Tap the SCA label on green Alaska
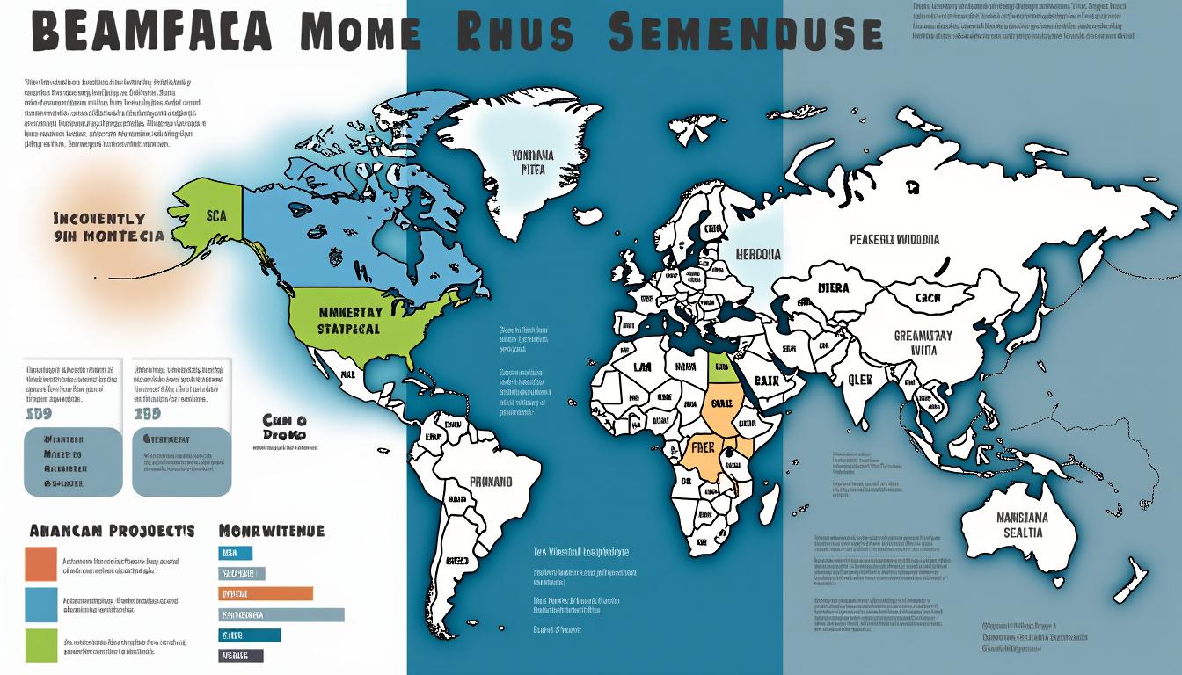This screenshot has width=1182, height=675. tap(216, 214)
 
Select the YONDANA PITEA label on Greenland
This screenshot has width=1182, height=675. tap(532, 163)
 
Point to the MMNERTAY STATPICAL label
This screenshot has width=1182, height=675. tap(349, 321)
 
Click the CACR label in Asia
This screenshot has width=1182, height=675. tap(928, 298)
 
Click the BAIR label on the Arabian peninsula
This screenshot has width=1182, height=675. tap(767, 381)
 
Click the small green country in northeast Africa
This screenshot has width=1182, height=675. tap(721, 367)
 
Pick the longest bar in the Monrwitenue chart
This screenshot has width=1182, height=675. tap(281, 614)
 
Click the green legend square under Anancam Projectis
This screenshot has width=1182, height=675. tap(40, 645)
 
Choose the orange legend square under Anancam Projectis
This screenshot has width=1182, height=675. tap(40, 564)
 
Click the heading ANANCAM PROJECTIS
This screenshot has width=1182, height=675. tap(112, 531)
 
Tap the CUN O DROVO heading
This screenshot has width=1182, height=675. tap(284, 427)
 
